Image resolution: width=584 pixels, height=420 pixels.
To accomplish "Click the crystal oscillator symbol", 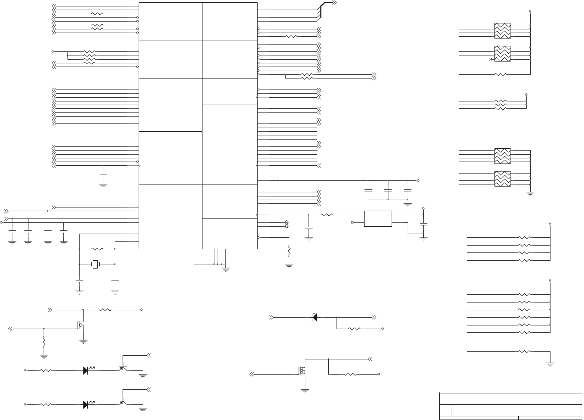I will pos(95,264).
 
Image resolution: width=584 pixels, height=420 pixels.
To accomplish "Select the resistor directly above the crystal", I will pos(97,249).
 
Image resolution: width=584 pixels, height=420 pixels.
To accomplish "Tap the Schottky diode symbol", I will pos(314,317).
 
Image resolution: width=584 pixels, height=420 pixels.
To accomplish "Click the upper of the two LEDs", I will pos(86,370).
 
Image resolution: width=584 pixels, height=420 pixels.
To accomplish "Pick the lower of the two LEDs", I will pos(86,404).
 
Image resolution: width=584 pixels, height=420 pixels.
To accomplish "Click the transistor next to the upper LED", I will pos(123,368).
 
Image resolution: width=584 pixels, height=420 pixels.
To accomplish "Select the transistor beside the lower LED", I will pos(123,402).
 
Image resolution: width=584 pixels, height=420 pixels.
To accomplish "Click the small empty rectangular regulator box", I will pos(378,218).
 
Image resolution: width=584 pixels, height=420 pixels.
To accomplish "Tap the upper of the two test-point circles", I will pos(287,222).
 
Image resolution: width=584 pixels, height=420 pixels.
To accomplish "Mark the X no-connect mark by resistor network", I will pos(491,60).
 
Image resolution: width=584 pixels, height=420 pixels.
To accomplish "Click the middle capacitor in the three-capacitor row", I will pos(388,190).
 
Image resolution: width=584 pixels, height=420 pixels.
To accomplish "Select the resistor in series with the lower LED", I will pos(46,404).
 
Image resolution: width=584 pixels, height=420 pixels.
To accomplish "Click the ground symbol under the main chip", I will pos(225,269).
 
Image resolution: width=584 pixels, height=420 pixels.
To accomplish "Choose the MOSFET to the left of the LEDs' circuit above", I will pos(81,325).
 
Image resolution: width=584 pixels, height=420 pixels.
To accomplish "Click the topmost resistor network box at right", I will pos(502,31).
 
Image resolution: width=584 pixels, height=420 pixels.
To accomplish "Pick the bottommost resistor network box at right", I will pos(502,179).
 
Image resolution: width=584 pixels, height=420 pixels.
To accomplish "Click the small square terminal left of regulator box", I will pos(353,222).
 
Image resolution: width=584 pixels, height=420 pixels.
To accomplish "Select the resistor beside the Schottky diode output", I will pos(354,329).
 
